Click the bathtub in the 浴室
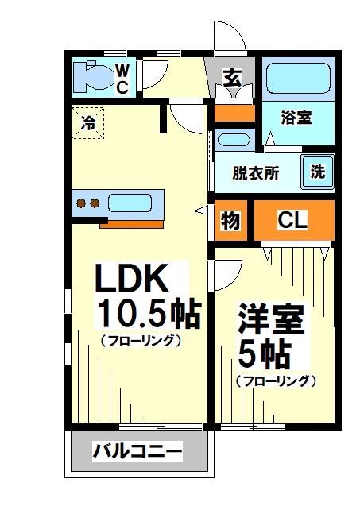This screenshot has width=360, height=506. [300, 80]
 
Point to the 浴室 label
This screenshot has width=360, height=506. [296, 118]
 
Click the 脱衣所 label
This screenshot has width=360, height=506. [255, 172]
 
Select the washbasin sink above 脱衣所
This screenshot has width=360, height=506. [233, 141]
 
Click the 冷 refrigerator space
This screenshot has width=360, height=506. [87, 122]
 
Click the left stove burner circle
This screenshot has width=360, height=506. [81, 203]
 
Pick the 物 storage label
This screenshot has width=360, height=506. [230, 221]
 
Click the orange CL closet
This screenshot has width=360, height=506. [292, 221]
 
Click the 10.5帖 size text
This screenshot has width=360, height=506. [148, 313]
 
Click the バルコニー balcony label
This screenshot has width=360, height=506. [137, 453]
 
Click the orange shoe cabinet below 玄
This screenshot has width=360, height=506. [234, 112]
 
